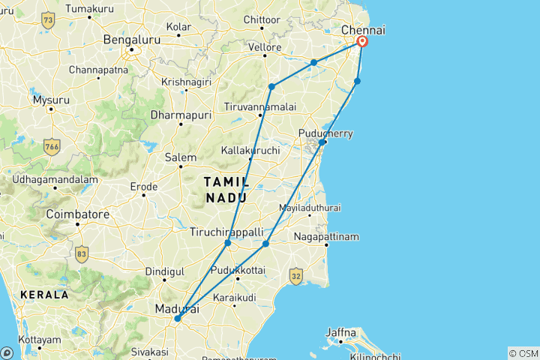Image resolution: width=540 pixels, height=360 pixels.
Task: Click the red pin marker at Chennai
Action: pyautogui.click(x=362, y=41)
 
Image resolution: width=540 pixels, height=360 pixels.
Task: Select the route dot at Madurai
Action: pyautogui.click(x=177, y=319)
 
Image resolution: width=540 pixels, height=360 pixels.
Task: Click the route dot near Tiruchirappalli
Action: pyautogui.click(x=227, y=243)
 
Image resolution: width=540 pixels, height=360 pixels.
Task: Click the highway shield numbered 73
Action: pyautogui.click(x=49, y=20)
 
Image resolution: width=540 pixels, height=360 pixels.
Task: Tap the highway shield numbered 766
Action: pyautogui.click(x=52, y=144)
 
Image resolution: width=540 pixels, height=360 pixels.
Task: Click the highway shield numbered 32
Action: pyautogui.click(x=297, y=276)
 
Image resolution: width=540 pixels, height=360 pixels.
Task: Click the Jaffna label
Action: pyautogui.click(x=341, y=331)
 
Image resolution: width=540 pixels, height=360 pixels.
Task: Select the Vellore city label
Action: pyautogui.click(x=265, y=47)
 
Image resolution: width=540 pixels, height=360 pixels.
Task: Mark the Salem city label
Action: pyautogui.click(x=180, y=157)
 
